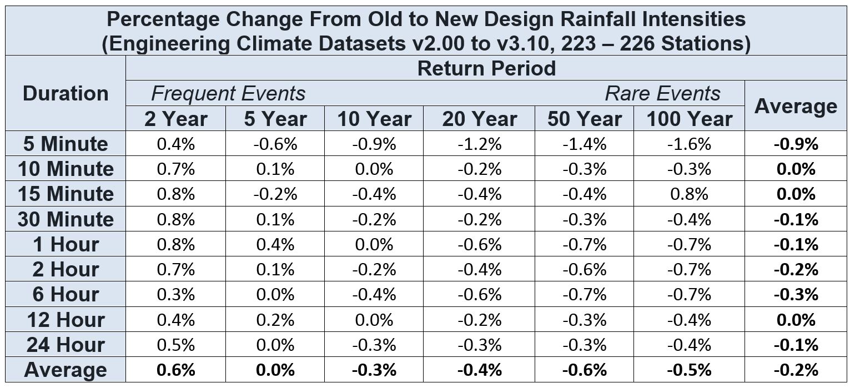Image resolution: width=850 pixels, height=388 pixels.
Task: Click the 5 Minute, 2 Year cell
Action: tap(176, 144)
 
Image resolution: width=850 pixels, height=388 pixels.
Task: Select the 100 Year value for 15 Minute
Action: tap(688, 194)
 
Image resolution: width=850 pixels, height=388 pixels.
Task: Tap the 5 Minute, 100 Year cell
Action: tap(688, 144)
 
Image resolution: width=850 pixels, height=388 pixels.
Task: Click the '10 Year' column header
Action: tap(374, 119)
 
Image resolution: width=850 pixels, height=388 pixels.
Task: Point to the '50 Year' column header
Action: tap(584, 119)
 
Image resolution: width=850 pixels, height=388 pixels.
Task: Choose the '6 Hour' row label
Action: tap(66, 294)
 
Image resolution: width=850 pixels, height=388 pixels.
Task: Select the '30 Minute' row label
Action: tap(66, 219)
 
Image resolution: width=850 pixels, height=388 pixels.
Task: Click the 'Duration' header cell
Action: tap(66, 93)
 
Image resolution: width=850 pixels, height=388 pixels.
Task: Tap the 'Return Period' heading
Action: tap(486, 68)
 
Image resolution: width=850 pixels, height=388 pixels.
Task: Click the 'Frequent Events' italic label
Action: tap(228, 93)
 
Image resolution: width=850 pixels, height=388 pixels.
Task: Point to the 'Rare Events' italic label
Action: tap(662, 93)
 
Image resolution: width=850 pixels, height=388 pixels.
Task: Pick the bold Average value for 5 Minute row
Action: tap(796, 144)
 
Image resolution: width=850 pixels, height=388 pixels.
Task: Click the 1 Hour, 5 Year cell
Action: tap(275, 244)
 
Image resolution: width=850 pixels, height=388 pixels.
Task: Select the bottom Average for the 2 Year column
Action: tap(176, 370)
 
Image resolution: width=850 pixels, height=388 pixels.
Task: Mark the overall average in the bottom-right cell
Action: tap(796, 370)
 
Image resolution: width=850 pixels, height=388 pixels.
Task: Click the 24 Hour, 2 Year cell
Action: tap(176, 345)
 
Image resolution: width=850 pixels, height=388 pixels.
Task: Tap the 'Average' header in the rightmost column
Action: tap(796, 106)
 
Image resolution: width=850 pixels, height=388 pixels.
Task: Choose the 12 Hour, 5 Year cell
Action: tap(275, 320)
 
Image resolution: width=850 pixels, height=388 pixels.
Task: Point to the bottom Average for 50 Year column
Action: tap(584, 370)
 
